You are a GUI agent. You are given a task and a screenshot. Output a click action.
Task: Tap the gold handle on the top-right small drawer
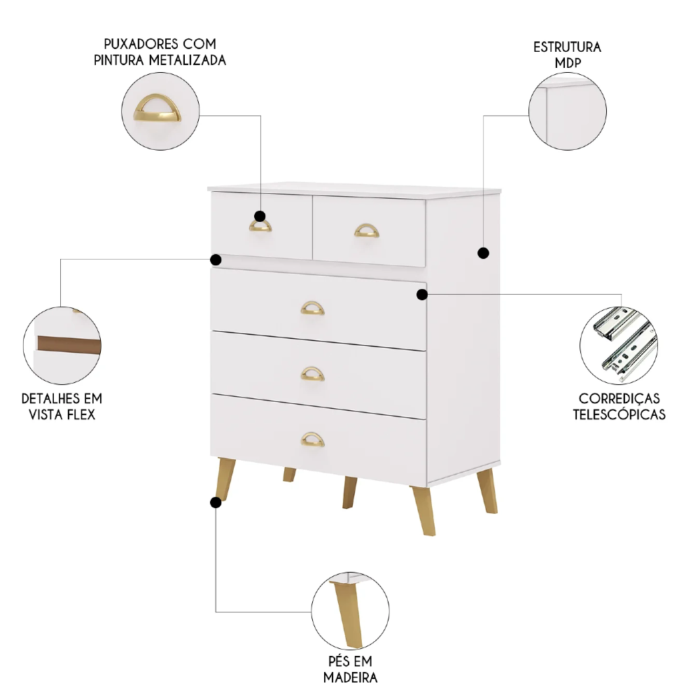366,230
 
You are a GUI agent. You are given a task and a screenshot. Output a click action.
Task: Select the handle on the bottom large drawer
313,440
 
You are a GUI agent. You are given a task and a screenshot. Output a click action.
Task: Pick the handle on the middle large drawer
313,374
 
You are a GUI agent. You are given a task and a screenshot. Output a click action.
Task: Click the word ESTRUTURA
567,48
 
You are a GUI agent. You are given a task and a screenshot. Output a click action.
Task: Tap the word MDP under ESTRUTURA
567,62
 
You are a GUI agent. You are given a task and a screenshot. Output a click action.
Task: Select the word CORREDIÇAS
619,399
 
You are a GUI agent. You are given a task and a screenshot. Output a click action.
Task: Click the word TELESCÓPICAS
619,414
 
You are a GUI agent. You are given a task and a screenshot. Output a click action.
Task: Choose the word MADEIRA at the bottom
350,677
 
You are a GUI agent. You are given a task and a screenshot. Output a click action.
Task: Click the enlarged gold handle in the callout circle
157,112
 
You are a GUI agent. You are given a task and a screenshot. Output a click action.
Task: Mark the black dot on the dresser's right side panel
484,253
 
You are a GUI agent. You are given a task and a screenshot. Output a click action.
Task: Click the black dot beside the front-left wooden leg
216,502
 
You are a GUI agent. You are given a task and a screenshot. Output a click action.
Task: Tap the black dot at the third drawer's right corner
421,294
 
